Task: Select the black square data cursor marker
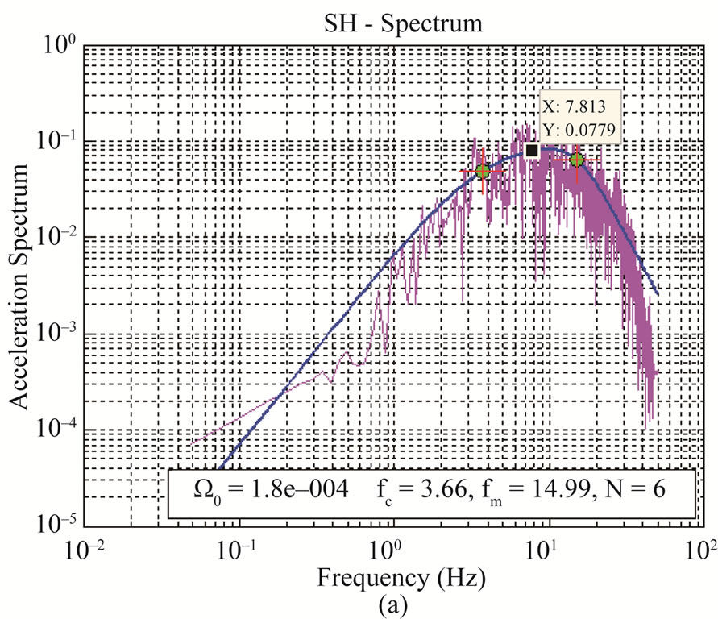532,151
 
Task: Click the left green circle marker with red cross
483,171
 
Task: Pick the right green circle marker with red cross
577,160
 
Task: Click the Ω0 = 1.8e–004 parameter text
256,490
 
